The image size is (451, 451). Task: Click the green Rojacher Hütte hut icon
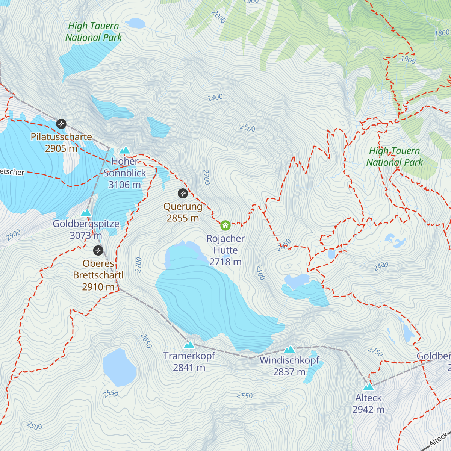click(225, 225)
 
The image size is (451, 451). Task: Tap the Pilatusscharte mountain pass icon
click(61, 124)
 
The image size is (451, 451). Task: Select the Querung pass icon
click(183, 194)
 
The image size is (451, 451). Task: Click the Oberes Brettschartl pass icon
click(98, 250)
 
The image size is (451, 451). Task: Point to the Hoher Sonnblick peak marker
click(124, 150)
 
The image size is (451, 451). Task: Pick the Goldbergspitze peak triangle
click(86, 213)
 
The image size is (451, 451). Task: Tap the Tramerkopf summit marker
click(189, 345)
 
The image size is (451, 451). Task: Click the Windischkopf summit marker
click(289, 349)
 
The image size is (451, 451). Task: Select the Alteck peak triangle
click(368, 387)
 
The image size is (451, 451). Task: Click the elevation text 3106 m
click(124, 185)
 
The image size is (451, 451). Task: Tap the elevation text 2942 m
click(368, 409)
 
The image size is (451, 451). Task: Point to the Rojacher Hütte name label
click(225, 244)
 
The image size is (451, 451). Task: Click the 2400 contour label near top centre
click(215, 98)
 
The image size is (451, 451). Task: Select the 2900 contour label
click(14, 235)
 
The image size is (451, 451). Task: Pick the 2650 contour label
click(146, 341)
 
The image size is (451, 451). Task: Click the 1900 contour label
click(408, 59)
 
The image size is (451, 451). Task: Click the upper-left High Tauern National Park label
click(94, 32)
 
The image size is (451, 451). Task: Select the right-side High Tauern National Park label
click(395, 157)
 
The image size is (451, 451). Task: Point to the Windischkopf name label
click(289, 360)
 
